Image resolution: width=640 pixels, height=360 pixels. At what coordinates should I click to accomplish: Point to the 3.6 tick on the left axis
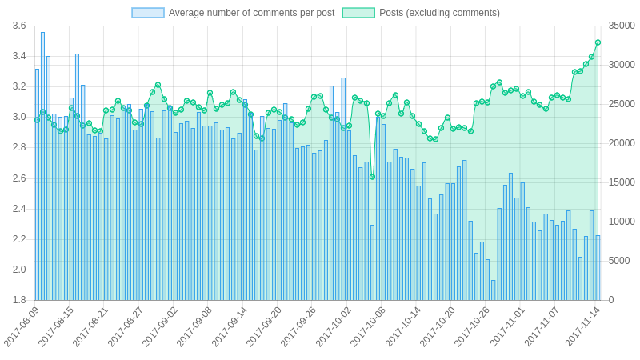[x=19, y=26]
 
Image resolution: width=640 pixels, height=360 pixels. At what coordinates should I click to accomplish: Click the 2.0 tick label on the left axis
[x=19, y=270]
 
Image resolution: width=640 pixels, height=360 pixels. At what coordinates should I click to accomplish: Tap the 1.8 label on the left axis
[x=19, y=300]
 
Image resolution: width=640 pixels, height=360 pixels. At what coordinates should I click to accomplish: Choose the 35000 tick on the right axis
[x=622, y=26]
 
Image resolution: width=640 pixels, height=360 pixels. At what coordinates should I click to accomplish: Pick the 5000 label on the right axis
[x=619, y=261]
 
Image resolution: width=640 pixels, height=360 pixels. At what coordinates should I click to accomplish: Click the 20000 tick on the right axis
[x=622, y=143]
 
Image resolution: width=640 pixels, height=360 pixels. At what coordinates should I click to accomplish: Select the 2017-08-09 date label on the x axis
[x=22, y=327]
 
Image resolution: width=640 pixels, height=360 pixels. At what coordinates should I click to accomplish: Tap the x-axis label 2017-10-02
[x=334, y=327]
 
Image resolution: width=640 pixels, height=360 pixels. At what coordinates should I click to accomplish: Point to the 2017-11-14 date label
[x=582, y=327]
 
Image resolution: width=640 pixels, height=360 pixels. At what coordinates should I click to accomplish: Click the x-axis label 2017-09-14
[x=230, y=327]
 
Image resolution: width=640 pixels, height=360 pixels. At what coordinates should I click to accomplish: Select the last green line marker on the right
[x=598, y=42]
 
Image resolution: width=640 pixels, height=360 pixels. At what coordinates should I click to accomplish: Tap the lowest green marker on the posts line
[x=372, y=177]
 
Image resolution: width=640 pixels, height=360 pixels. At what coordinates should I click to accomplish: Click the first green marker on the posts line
[x=37, y=120]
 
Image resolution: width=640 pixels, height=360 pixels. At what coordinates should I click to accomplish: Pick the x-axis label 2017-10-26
[x=472, y=327]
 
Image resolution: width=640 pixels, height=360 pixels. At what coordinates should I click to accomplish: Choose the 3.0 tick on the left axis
[x=19, y=117]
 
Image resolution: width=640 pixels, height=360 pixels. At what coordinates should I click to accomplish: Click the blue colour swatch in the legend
[x=148, y=13]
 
